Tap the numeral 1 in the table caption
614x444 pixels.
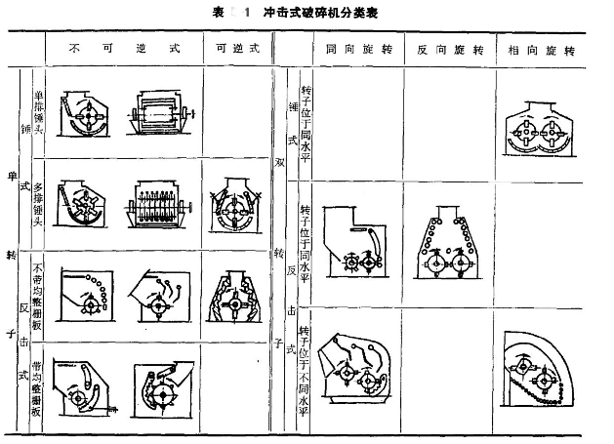tap(249, 13)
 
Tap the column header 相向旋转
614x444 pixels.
tap(540, 48)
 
